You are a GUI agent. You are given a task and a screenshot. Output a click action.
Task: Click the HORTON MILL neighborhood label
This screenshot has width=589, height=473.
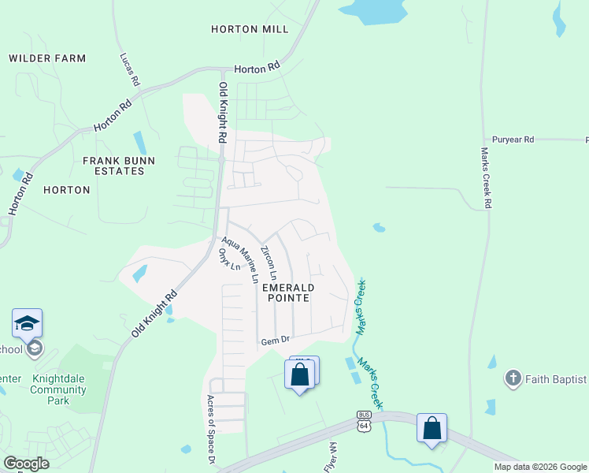click(250, 29)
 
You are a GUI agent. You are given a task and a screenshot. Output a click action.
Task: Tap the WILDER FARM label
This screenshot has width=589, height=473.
click(47, 58)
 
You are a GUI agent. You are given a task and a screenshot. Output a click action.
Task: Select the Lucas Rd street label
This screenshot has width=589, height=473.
click(130, 70)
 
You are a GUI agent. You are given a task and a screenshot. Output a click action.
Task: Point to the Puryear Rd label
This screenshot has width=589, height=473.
click(513, 140)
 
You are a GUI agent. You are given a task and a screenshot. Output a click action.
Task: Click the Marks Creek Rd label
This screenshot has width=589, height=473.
click(487, 177)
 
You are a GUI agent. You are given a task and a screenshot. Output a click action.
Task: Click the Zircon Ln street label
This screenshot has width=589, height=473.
click(269, 263)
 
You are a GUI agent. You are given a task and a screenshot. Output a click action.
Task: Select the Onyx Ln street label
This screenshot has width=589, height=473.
click(229, 261)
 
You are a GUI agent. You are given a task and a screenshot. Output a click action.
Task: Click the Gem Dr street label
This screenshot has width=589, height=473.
click(276, 341)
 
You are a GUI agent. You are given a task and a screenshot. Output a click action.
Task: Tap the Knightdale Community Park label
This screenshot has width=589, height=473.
click(57, 389)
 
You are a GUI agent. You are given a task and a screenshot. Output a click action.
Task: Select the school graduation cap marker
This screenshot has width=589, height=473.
click(27, 324)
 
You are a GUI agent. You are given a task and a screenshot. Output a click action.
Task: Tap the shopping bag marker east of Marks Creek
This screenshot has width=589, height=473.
click(432, 429)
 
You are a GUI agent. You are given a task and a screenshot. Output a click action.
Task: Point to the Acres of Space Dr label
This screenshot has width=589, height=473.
click(210, 429)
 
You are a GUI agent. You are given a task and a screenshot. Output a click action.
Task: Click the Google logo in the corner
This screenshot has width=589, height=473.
click(26, 463)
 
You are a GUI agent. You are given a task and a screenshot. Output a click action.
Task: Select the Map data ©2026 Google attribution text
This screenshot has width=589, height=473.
click(539, 467)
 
